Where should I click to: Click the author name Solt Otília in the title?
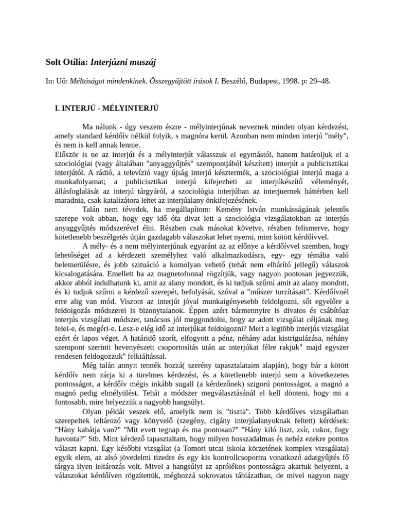tap(67, 63)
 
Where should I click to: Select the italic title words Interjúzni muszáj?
tap(123, 63)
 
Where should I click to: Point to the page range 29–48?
tap(319, 81)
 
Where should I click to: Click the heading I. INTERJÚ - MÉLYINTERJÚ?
tap(106, 109)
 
